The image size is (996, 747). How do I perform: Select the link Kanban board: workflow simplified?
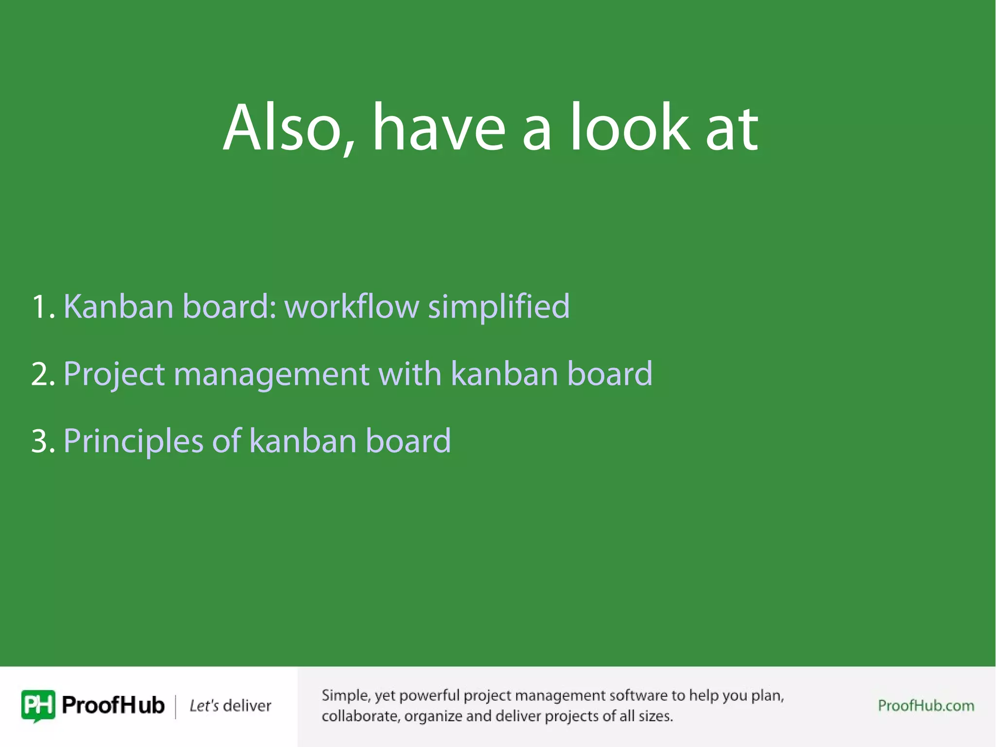click(x=316, y=307)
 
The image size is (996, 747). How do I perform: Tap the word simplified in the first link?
click(x=498, y=307)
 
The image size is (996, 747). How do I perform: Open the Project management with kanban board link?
click(x=357, y=374)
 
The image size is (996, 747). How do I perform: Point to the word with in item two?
click(x=409, y=374)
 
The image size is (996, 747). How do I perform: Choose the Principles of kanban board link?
click(x=257, y=441)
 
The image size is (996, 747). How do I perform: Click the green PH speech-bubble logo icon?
click(x=38, y=706)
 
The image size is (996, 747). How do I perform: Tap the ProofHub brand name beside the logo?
click(x=113, y=706)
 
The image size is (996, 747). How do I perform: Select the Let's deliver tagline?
click(x=230, y=706)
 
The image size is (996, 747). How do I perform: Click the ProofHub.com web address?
click(x=925, y=706)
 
